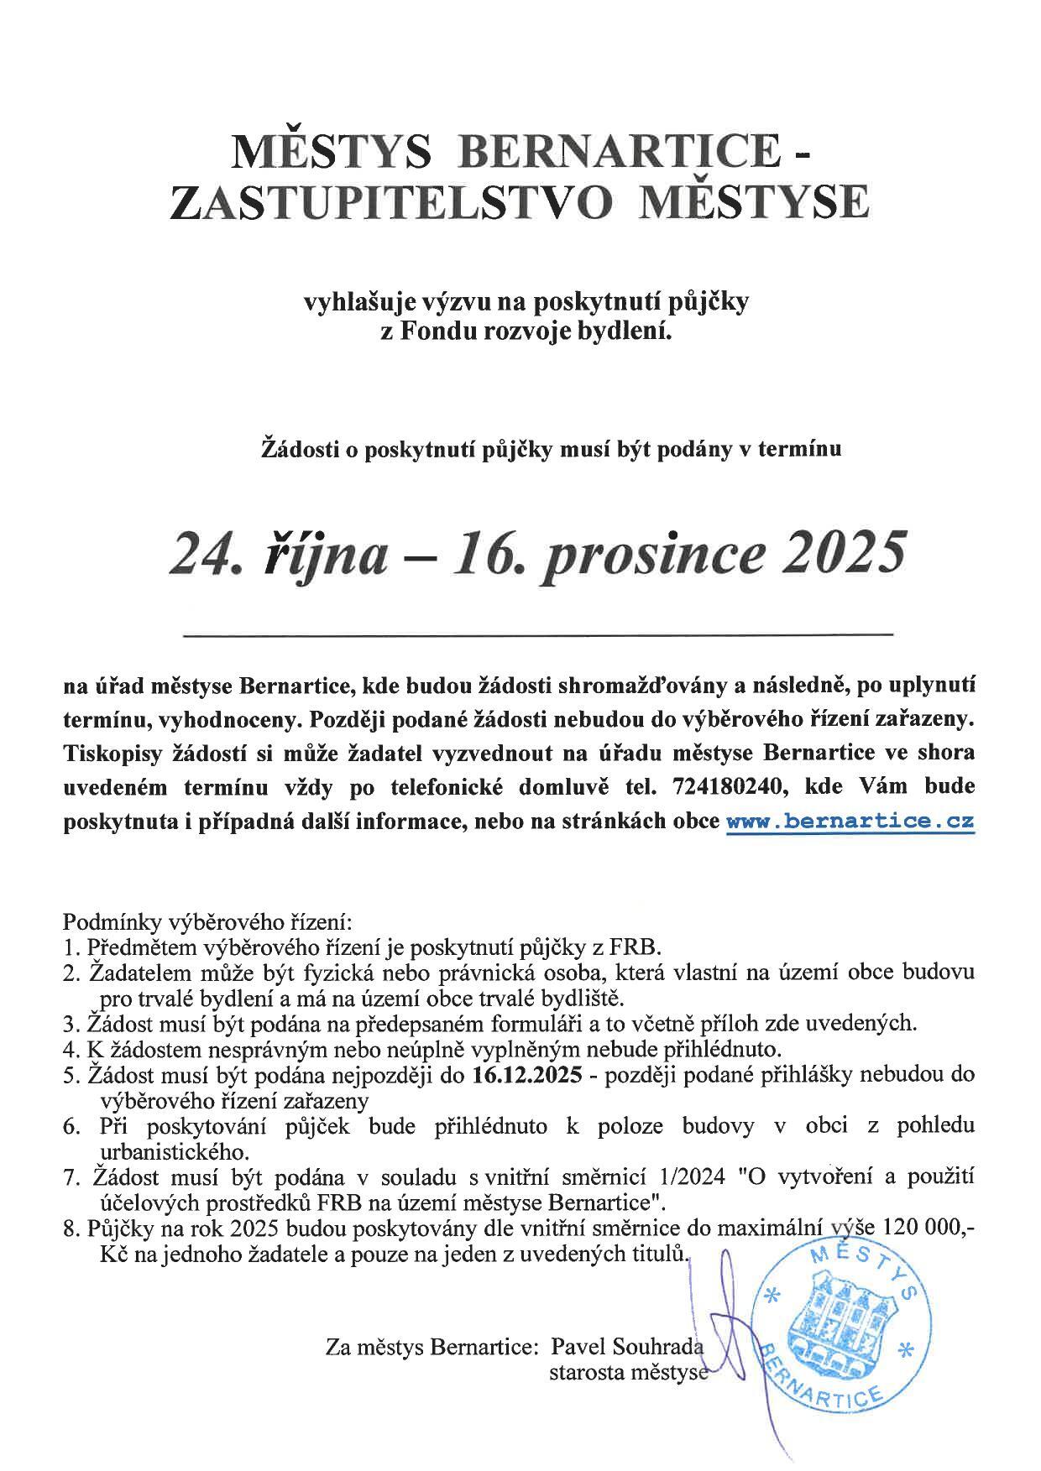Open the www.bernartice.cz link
(850, 822)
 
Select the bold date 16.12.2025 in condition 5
(527, 1075)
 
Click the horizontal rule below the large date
(537, 634)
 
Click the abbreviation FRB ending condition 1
(642, 948)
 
